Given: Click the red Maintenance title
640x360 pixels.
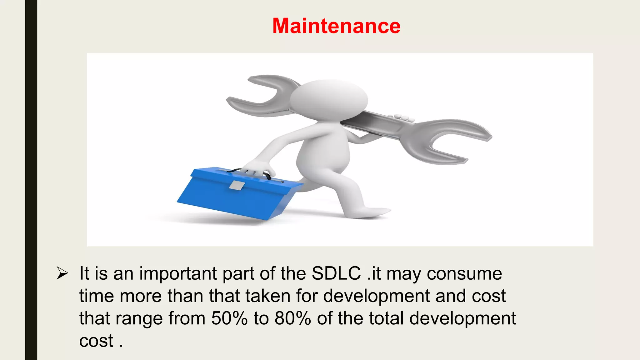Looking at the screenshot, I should coord(336,26).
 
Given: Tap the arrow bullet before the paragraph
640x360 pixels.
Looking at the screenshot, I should coord(62,273).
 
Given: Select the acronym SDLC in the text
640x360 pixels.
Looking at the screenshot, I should coord(336,273).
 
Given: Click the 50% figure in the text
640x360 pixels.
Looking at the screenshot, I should coord(229,318).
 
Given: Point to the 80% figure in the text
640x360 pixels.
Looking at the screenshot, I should coord(292,318).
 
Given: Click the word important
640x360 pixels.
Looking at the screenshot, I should coord(178,274).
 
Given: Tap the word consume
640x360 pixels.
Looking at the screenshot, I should coord(464,274).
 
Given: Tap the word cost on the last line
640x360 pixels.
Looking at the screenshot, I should coord(96,341).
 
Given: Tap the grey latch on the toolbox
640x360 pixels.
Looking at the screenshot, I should coord(237,186).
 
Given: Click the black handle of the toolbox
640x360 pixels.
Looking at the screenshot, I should coord(250,172).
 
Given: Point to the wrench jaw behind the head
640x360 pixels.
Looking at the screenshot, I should coord(259,94).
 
